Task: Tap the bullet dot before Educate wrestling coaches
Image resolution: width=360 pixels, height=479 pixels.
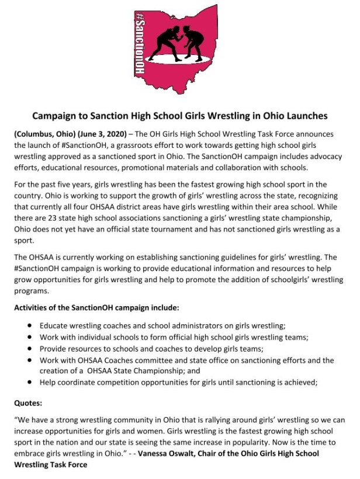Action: (30, 326)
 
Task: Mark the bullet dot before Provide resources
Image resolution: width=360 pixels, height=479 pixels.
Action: (30, 348)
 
